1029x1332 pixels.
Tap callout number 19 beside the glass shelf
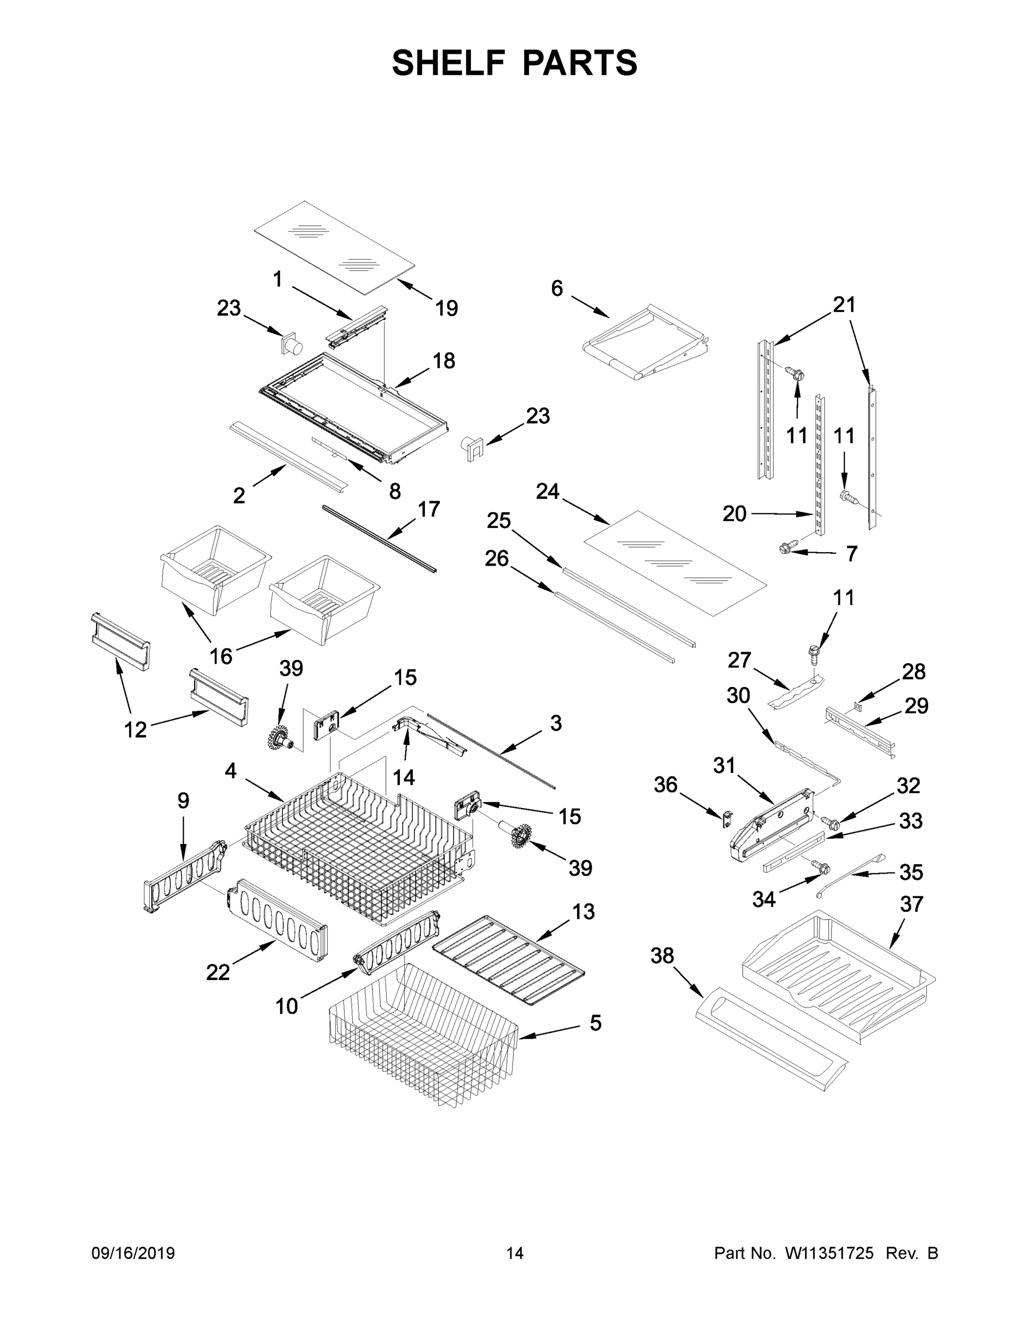click(x=446, y=309)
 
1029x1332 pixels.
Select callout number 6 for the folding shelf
click(x=556, y=289)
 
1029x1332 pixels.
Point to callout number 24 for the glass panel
click(x=547, y=492)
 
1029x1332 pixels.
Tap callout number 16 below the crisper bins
click(x=221, y=656)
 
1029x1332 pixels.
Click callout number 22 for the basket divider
click(x=217, y=972)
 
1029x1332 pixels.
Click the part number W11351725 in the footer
click(x=829, y=1253)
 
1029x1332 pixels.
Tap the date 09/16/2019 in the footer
click(x=133, y=1253)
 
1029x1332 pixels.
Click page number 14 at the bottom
click(x=515, y=1253)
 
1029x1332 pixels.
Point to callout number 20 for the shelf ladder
click(x=734, y=514)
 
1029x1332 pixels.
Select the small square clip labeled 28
click(x=858, y=708)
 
